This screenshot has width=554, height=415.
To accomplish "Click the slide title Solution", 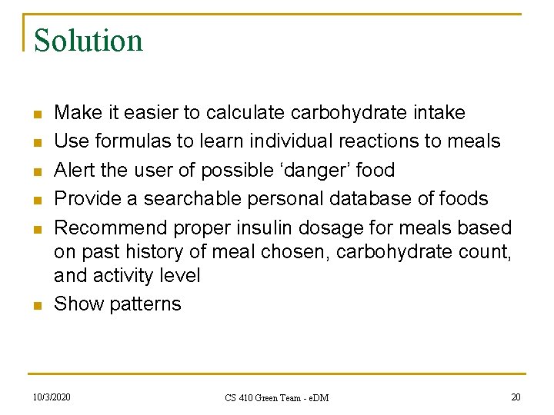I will point(88,40).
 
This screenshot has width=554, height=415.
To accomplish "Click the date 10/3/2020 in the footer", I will point(52,397).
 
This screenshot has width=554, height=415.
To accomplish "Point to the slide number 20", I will point(515,397).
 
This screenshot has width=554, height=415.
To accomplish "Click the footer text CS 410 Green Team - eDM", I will point(276,397).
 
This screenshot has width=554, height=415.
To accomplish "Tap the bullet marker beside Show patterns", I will point(36,305).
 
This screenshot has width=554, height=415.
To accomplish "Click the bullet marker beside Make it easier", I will point(36,114).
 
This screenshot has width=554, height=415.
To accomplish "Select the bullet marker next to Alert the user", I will point(36,171).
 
